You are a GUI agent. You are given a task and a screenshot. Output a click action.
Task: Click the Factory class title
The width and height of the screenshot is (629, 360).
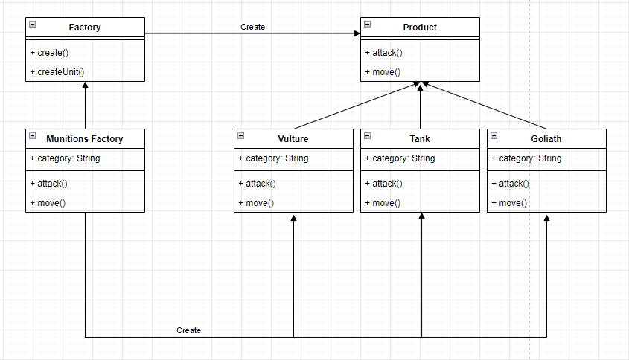click(x=85, y=28)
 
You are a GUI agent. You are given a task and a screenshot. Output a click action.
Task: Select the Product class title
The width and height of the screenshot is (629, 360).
click(x=420, y=28)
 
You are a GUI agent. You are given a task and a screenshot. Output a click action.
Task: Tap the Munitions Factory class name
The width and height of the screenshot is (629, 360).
click(x=85, y=139)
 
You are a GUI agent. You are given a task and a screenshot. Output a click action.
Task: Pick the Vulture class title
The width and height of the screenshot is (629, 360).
click(x=293, y=139)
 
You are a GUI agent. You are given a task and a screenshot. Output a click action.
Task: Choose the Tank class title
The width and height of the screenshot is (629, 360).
click(x=420, y=139)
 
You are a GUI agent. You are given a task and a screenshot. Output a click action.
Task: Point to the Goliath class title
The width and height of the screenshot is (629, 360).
click(x=546, y=139)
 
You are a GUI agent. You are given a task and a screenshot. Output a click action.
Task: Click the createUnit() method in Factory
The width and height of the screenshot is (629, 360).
click(x=57, y=72)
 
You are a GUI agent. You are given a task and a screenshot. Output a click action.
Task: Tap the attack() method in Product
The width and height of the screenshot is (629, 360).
click(x=383, y=53)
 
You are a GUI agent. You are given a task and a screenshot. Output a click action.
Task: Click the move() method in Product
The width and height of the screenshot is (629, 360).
click(x=383, y=72)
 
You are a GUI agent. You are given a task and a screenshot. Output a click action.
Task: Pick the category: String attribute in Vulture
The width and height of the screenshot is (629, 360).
click(x=273, y=158)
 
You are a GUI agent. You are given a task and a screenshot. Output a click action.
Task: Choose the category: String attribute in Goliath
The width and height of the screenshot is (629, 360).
click(x=526, y=158)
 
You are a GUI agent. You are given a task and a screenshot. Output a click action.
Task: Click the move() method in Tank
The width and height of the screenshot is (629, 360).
click(x=383, y=203)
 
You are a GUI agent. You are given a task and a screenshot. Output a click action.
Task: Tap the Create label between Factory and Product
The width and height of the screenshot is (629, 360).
click(x=252, y=27)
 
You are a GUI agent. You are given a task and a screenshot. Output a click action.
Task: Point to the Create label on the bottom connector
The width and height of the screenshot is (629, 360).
click(x=188, y=330)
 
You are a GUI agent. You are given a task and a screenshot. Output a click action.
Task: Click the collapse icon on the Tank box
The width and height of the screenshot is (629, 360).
click(x=368, y=136)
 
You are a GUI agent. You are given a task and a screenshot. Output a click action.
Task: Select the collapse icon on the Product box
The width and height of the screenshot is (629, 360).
click(x=368, y=25)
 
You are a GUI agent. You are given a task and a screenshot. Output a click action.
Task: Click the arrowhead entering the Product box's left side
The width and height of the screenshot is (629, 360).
click(x=357, y=33)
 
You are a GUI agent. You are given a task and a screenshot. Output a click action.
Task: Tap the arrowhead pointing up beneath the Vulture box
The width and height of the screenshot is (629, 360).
click(x=294, y=218)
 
